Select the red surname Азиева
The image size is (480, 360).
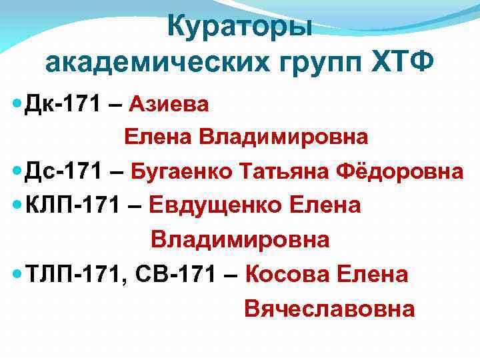coord(169,104)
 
